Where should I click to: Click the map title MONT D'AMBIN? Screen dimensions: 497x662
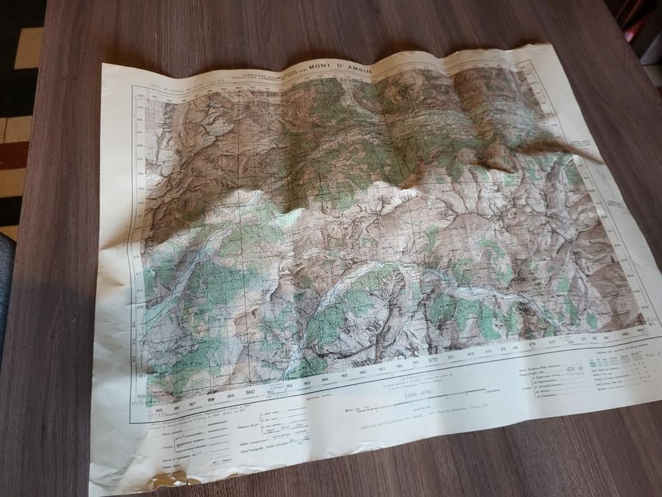point(340,65)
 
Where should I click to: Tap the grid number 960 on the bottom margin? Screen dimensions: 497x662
point(250,392)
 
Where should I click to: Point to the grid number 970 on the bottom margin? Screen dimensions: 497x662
point(432,359)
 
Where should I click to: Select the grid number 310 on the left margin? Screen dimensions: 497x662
point(140,396)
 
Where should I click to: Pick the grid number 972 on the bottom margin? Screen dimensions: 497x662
point(470,354)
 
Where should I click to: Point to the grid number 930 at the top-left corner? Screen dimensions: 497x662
point(140,95)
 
